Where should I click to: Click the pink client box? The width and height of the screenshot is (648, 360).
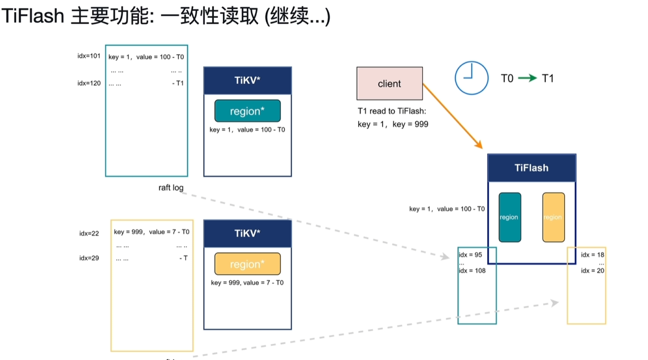389,83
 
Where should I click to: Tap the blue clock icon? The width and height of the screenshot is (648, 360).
471,78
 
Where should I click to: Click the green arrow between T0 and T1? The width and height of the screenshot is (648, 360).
527,78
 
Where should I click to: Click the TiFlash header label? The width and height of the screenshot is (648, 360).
531,168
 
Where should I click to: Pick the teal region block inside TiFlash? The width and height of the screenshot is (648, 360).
509,217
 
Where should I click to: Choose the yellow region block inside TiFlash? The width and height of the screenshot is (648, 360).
553,217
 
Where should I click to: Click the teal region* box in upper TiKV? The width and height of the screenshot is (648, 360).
247,111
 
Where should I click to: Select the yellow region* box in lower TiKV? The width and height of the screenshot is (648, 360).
247,264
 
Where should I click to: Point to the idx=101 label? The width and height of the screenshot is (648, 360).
89,56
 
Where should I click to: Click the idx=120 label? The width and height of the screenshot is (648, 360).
89,83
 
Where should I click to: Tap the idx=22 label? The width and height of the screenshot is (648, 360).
89,233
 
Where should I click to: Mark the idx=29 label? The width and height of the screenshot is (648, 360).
89,258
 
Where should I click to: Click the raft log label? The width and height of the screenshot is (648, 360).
171,188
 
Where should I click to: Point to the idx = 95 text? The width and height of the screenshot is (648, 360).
470,255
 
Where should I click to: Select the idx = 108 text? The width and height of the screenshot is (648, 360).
472,270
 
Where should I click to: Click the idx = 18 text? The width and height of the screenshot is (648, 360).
593,255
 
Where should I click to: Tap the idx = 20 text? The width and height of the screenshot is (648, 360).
593,270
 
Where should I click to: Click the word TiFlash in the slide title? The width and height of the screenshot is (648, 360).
33,17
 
